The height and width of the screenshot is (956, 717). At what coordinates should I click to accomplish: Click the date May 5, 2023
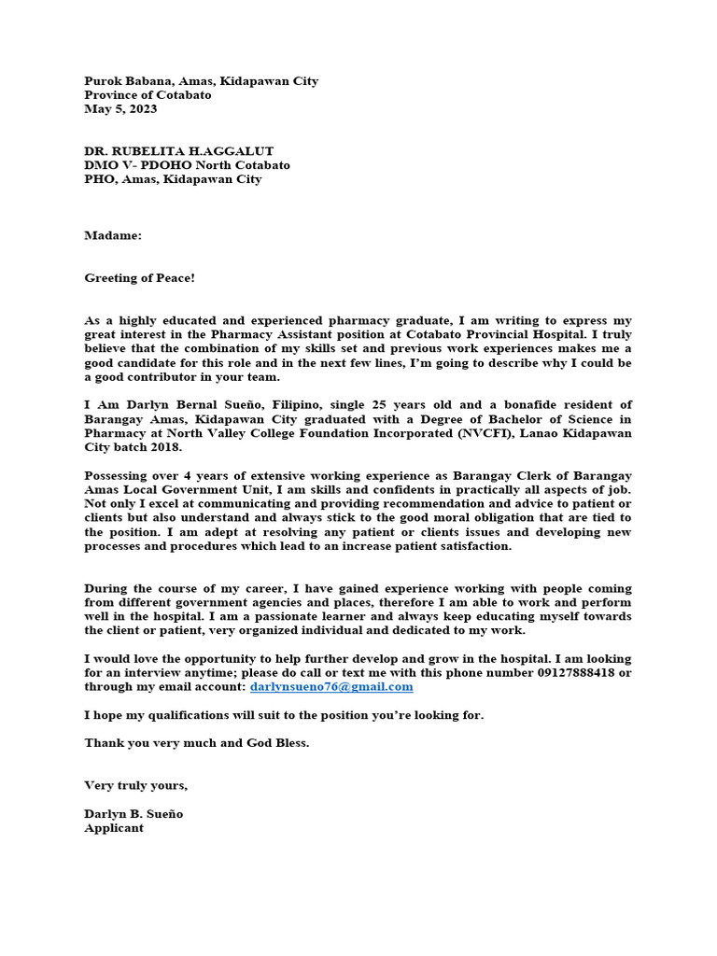coord(120,109)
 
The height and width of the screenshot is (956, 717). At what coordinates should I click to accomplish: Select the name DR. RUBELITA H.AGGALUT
coord(178,151)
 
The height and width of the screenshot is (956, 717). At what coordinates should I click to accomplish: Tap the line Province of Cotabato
coord(148,95)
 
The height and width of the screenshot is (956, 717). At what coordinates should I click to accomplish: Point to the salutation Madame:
coord(113,236)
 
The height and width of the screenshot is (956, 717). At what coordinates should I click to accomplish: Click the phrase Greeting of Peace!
coord(139,278)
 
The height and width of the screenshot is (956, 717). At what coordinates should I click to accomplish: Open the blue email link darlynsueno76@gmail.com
coord(331,687)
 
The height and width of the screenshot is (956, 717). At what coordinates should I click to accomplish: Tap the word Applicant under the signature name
coord(114,828)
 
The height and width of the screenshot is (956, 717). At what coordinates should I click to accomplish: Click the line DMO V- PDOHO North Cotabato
coord(187,165)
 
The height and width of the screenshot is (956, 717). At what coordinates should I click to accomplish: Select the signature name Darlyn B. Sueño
coord(134,814)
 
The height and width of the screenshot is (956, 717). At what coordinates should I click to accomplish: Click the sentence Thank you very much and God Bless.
coord(196,743)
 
